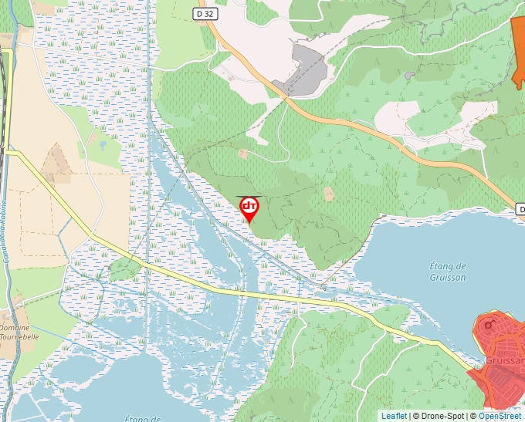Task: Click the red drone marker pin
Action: pyautogui.click(x=249, y=209)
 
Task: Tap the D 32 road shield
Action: pyautogui.click(x=205, y=13)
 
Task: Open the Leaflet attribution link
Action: pyautogui.click(x=394, y=416)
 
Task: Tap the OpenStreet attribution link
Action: pyautogui.click(x=500, y=416)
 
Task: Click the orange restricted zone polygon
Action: pyautogui.click(x=518, y=46)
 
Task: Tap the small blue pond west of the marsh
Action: pyautogui.click(x=102, y=144)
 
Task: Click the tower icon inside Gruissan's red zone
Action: pyautogui.click(x=488, y=325)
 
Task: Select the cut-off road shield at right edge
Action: pyautogui.click(x=520, y=209)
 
